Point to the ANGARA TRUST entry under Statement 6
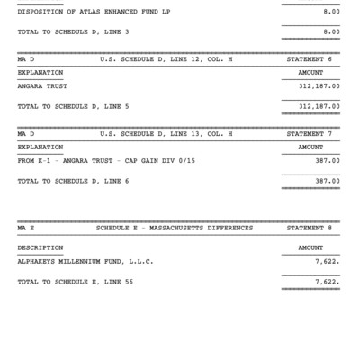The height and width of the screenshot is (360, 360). point(44,87)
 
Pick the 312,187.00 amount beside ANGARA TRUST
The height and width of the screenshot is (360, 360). point(319,87)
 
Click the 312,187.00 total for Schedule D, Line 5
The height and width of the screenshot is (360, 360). point(319,105)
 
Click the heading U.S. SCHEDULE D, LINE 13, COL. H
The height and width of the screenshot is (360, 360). point(166,133)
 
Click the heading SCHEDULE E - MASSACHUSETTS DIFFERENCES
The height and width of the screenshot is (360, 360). point(175,228)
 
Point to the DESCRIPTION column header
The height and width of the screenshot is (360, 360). point(40,247)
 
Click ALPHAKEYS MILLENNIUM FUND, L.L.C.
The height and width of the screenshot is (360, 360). point(85,262)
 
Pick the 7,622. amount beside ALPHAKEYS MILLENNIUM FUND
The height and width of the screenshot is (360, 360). point(328,262)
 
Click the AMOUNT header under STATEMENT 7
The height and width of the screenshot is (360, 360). point(310,147)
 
